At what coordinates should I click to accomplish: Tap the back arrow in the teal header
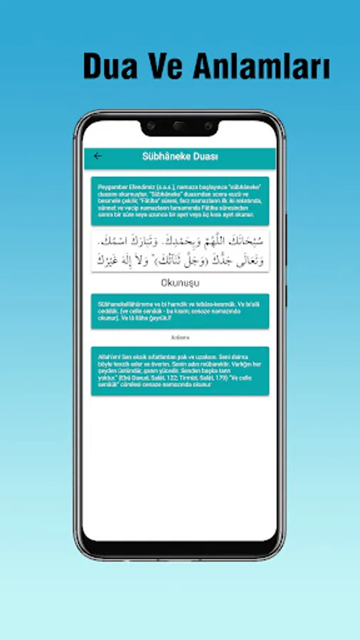[x=98, y=156]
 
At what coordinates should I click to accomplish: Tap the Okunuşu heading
[x=179, y=282]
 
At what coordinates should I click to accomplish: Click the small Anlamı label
[x=179, y=337]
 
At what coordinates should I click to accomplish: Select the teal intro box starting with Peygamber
[x=179, y=201]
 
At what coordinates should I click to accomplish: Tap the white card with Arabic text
[x=179, y=250]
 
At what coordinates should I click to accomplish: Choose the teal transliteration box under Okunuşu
[x=179, y=311]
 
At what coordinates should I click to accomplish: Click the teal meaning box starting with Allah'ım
[x=179, y=370]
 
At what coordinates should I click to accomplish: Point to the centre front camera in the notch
[x=179, y=127]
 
